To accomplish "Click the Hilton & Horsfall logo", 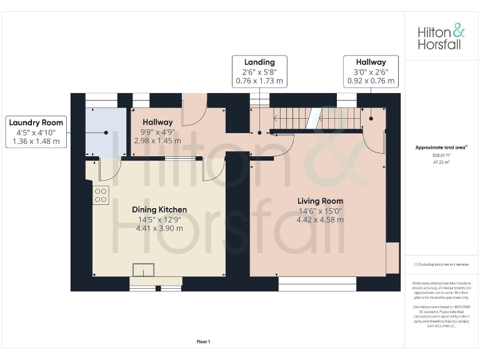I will pyautogui.click(x=441, y=36).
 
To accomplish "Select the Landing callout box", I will pyautogui.click(x=259, y=71).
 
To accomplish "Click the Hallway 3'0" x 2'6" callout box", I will pyautogui.click(x=371, y=71).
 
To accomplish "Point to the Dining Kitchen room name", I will pyautogui.click(x=159, y=209).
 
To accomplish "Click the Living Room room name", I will pyautogui.click(x=320, y=201).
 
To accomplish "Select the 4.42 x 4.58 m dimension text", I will pyautogui.click(x=320, y=220).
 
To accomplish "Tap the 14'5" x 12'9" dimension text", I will pyautogui.click(x=159, y=219).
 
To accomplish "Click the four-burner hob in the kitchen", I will pyautogui.click(x=100, y=196).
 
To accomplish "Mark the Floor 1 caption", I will pyautogui.click(x=203, y=341).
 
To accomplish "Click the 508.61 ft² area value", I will pyautogui.click(x=441, y=156).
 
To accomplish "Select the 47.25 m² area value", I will pyautogui.click(x=441, y=161).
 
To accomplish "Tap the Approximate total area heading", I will pyautogui.click(x=441, y=147).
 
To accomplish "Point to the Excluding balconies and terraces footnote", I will pyautogui.click(x=441, y=265).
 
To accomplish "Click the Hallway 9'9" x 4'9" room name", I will pyautogui.click(x=157, y=122).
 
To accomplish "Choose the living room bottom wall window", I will pyautogui.click(x=317, y=285).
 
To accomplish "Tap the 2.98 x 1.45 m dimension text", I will pyautogui.click(x=157, y=141).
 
